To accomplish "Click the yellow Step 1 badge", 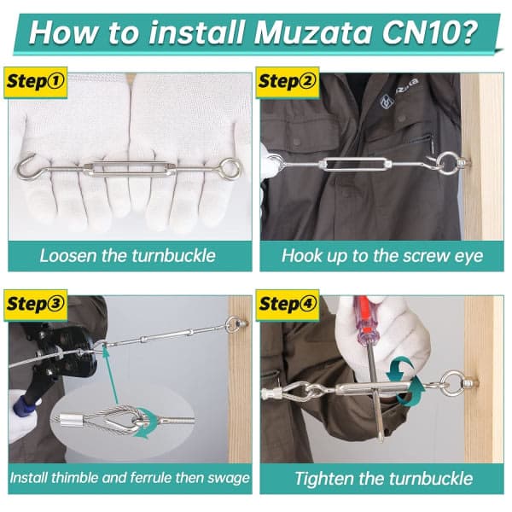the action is [35, 82].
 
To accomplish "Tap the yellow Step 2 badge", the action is [288, 82].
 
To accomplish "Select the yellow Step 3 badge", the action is [35, 305].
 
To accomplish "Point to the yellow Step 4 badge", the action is [288, 305].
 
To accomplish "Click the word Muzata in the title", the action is [313, 32].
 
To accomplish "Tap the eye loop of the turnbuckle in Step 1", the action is [230, 168].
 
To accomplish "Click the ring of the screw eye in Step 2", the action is [446, 163].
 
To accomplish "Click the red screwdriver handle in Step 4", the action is [367, 323].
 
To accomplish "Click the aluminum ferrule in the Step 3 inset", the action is [72, 419].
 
